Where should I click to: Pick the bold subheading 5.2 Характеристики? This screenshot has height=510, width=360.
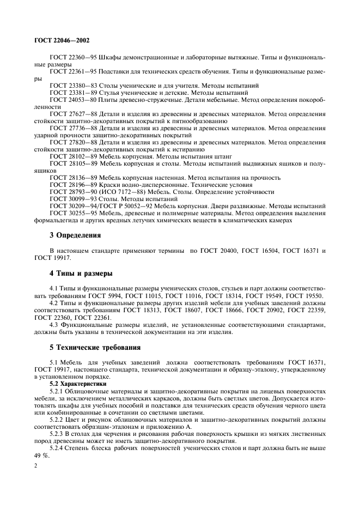(x=78, y=384)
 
